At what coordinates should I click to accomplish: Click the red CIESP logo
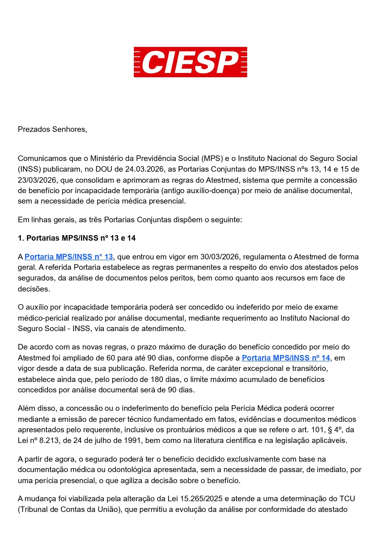(190, 62)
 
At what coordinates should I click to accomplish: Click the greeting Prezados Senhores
(52, 129)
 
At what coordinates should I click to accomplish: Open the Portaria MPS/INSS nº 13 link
(69, 257)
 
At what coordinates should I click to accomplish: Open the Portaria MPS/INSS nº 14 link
(286, 358)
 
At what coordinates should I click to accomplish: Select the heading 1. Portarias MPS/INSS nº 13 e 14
(77, 238)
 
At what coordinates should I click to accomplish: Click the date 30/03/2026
(219, 257)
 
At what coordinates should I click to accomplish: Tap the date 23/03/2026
(37, 180)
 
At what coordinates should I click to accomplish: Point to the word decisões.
(34, 289)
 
